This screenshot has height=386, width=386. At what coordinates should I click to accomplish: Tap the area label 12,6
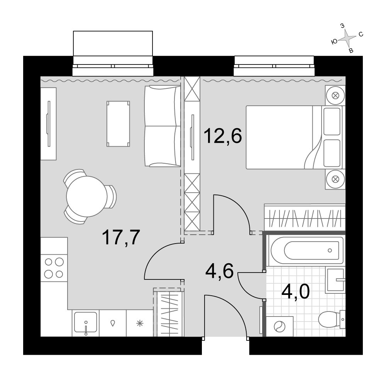point(223,135)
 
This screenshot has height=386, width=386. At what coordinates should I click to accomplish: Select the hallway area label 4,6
point(219,271)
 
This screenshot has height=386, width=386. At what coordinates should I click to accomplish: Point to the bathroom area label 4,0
point(295,291)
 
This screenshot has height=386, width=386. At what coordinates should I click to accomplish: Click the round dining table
point(86,196)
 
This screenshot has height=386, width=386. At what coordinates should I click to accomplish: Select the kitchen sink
point(85,323)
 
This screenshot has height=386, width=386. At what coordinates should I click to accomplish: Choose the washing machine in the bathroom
point(279,327)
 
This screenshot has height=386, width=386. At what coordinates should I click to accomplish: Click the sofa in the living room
point(163,126)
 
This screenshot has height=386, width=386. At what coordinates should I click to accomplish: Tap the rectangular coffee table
point(118,124)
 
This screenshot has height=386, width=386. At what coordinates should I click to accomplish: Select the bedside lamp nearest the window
point(335,95)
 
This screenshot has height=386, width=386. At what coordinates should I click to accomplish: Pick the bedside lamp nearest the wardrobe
point(335,179)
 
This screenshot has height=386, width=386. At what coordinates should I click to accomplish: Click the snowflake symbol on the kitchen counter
point(140,323)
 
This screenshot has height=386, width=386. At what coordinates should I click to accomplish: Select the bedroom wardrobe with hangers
point(305,217)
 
